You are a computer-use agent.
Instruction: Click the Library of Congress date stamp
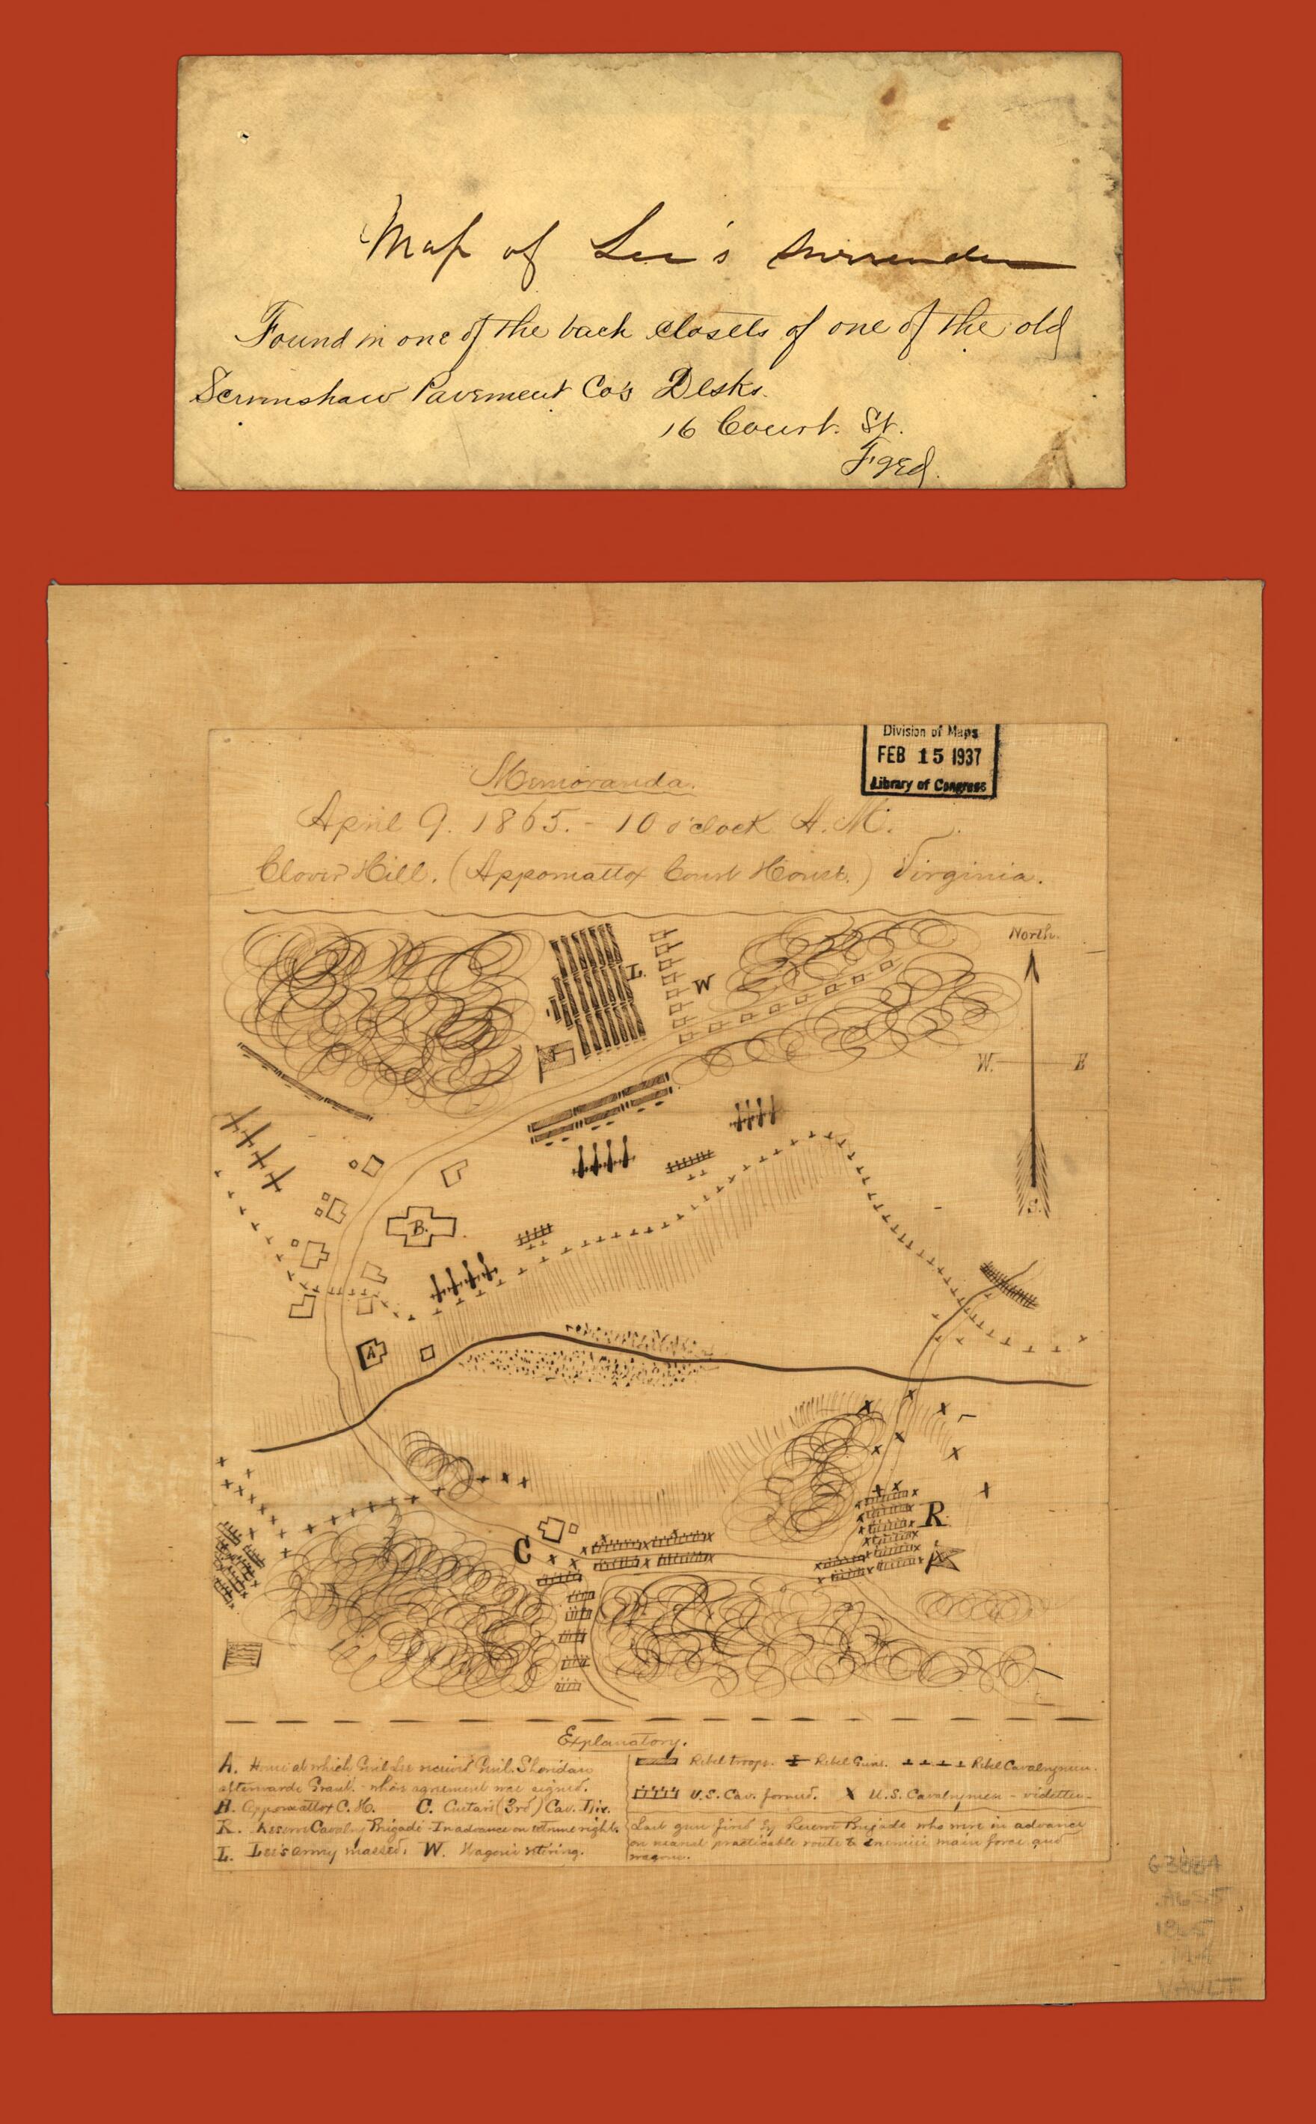(x=927, y=758)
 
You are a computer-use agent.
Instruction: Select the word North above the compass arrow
(x=1033, y=935)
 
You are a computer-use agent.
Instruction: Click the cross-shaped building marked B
(x=420, y=1228)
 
